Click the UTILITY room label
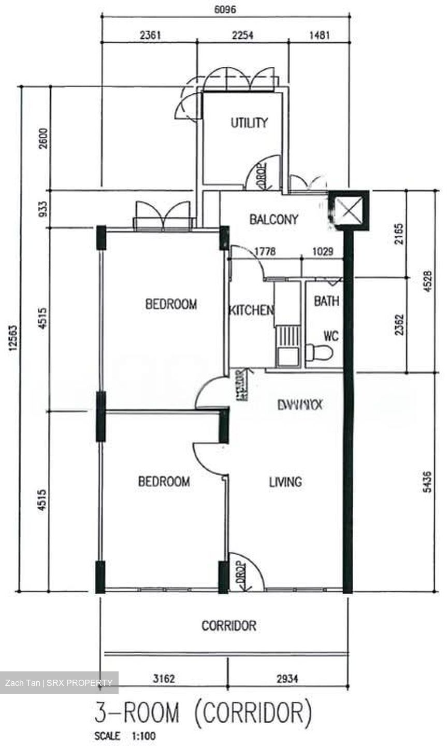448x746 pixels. (249, 123)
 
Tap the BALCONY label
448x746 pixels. (273, 220)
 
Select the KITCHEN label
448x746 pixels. (251, 310)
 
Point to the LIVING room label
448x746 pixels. (285, 482)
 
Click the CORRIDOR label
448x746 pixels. (228, 625)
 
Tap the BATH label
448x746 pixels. (326, 301)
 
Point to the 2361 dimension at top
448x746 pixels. (151, 35)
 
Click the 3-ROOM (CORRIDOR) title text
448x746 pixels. (204, 713)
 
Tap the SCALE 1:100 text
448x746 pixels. (125, 736)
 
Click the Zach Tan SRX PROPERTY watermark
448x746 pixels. (59, 682)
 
